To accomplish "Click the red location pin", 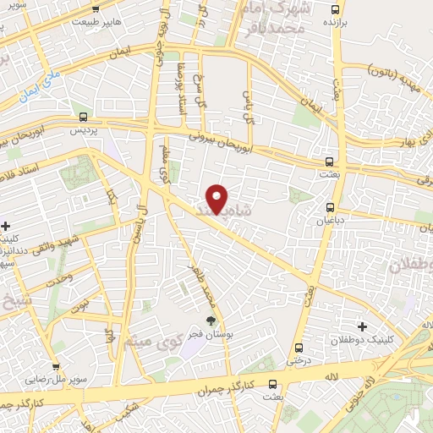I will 217,198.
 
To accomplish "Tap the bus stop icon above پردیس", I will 83,118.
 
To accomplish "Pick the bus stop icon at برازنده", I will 336,11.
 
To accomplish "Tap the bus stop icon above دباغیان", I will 331,206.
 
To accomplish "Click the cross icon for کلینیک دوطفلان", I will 363,326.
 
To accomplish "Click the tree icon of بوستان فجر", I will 211,321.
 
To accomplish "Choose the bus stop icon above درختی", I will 298,347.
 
